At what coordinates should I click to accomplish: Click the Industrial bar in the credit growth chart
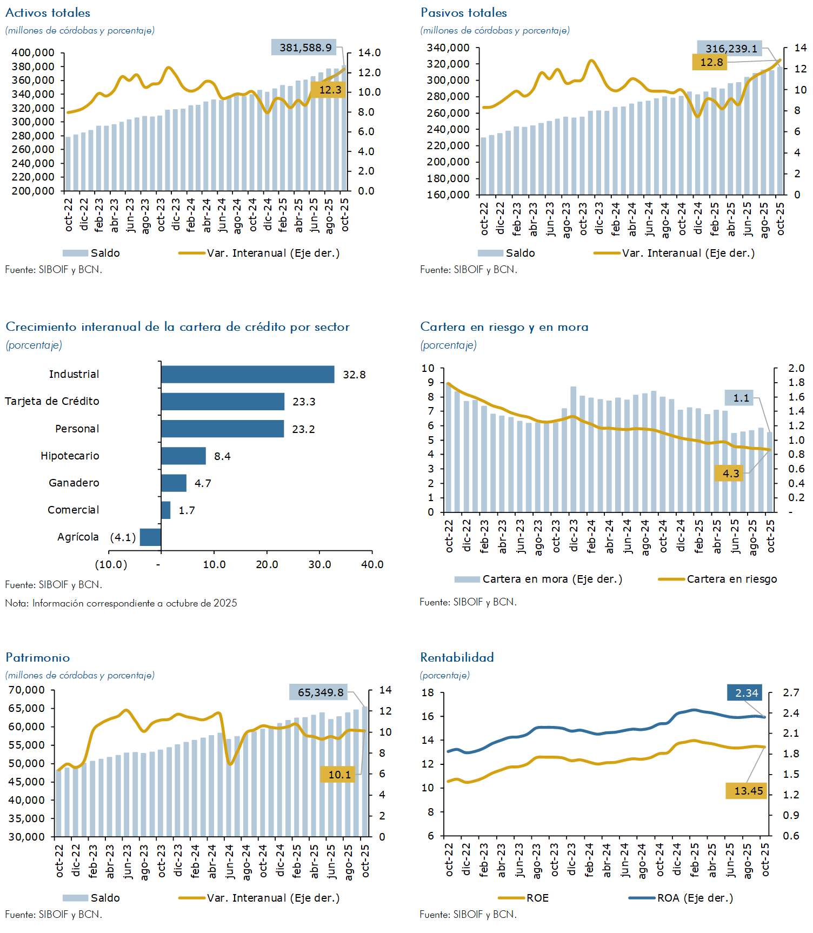click(x=248, y=374)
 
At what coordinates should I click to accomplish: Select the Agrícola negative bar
click(x=150, y=537)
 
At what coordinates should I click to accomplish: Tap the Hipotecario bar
click(x=183, y=456)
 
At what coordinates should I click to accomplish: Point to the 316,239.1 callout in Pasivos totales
click(x=729, y=49)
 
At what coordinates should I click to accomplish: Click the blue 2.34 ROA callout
click(x=745, y=693)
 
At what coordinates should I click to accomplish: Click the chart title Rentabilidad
click(x=457, y=657)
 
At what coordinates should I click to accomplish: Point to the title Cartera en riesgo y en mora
click(x=504, y=326)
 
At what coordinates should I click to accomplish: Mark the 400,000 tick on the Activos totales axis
click(x=33, y=52)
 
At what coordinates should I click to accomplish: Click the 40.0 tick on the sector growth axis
click(x=372, y=564)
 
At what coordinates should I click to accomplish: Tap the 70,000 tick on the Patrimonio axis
click(x=26, y=690)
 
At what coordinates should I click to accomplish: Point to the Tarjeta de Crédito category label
click(x=52, y=401)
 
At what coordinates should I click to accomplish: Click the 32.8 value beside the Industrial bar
click(x=354, y=375)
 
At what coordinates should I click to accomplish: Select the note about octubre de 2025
click(x=121, y=603)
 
